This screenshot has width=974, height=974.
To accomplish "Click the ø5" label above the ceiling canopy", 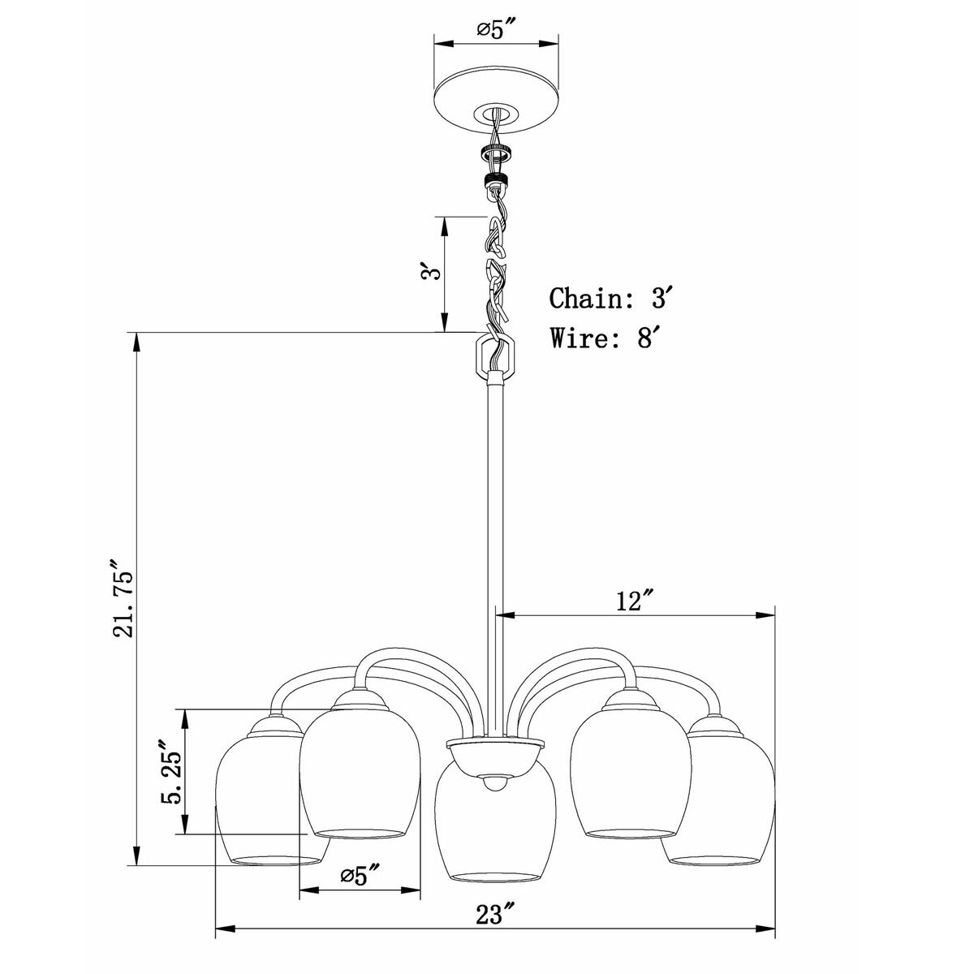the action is coord(496,30).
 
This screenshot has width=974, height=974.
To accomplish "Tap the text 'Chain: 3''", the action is coord(611,298).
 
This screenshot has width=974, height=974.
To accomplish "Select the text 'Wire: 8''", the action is coord(606,338).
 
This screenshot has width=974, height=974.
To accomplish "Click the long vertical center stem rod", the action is coord(496,561).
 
